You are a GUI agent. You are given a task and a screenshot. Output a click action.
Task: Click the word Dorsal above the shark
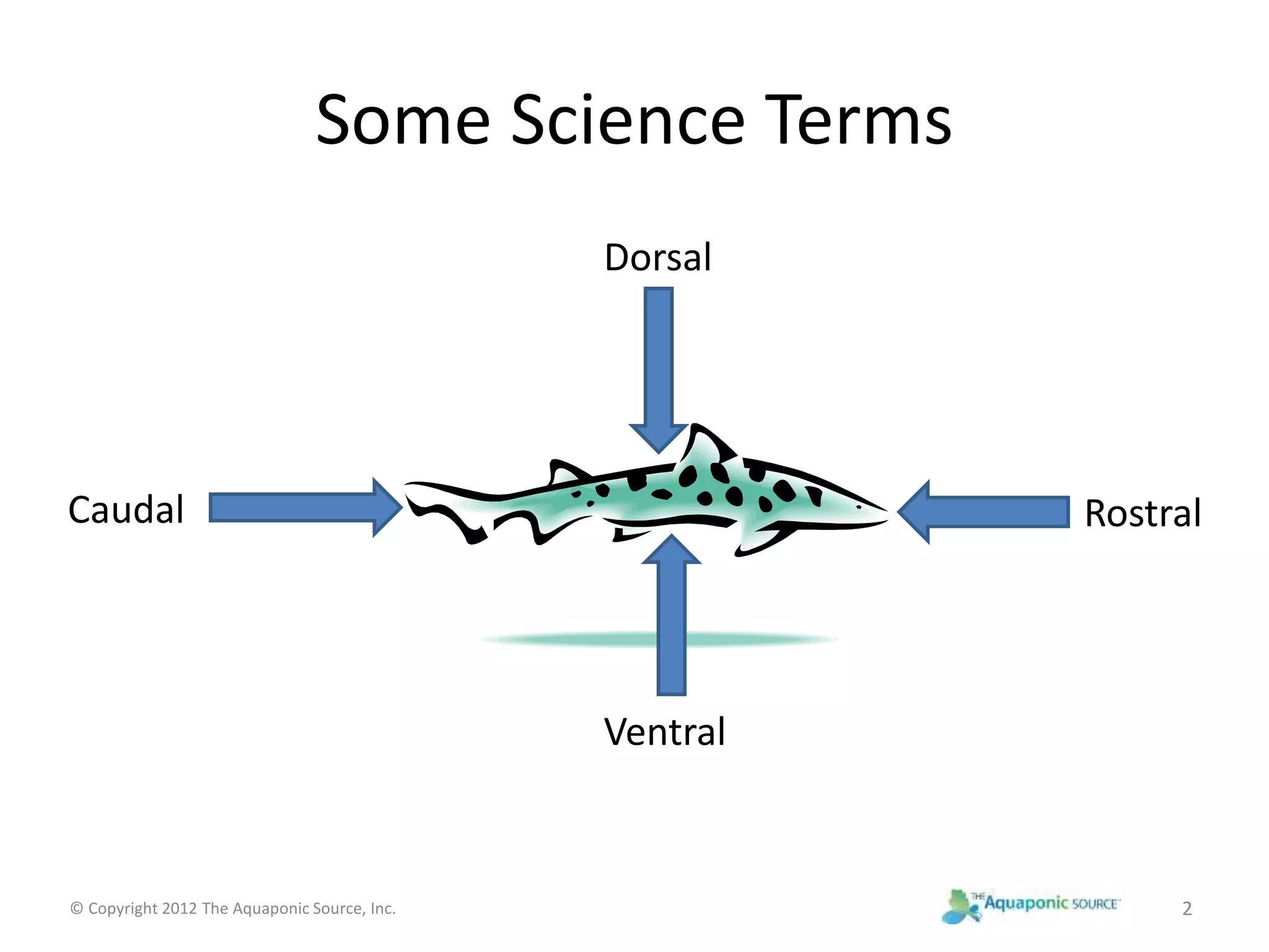(x=657, y=258)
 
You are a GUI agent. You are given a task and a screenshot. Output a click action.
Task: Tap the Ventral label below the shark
(x=664, y=732)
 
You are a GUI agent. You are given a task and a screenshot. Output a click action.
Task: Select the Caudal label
(x=126, y=510)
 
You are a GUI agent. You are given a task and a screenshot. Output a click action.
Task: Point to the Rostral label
(x=1143, y=513)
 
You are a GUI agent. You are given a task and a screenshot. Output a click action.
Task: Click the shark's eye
(x=859, y=507)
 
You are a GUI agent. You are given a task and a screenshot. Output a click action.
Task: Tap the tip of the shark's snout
(x=886, y=513)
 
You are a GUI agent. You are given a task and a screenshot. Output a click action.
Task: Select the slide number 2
(x=1187, y=909)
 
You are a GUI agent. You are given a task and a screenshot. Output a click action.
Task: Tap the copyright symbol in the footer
(x=76, y=909)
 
